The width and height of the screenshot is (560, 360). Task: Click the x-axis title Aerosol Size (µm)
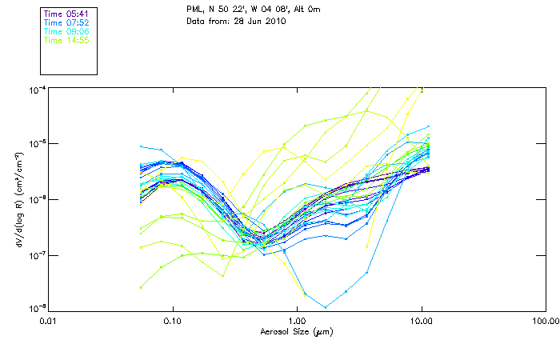[297, 330]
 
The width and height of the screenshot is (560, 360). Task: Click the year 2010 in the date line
[274, 21]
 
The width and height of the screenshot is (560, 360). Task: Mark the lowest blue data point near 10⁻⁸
[326, 306]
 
